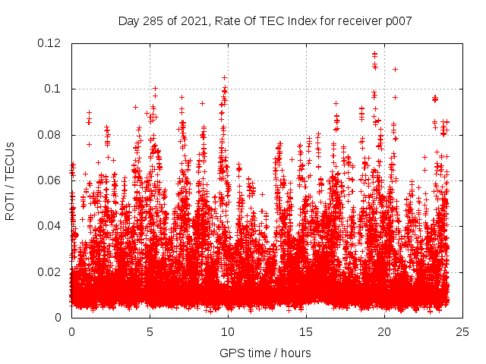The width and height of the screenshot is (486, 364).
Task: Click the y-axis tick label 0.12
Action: pos(51,43)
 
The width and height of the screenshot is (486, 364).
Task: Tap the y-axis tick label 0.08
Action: pos(51,135)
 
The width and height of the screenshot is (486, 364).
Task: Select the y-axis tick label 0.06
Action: pos(51,180)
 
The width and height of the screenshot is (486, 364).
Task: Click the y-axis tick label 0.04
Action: pos(51,226)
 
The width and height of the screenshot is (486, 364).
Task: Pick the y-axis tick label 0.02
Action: pos(51,271)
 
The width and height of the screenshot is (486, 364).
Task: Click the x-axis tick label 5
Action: pos(150,331)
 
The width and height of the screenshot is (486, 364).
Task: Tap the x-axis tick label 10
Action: pos(228,331)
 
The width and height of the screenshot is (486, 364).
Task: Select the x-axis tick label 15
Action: pos(306,331)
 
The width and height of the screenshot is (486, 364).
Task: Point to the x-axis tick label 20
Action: pos(384,331)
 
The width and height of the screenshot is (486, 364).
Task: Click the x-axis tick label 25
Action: pos(462,331)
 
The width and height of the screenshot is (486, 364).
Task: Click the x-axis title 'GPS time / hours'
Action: pos(265,353)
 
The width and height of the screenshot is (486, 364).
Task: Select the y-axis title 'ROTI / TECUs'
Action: pos(11,180)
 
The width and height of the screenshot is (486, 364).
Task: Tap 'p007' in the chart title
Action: pos(396,20)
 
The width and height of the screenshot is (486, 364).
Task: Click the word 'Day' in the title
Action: pos(129,20)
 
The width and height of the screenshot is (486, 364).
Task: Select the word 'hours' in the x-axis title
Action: pos(295,353)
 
